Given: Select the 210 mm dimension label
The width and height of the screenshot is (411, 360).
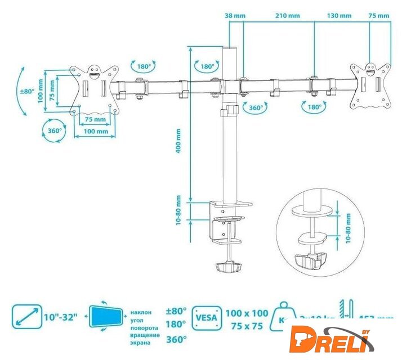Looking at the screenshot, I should [288, 16].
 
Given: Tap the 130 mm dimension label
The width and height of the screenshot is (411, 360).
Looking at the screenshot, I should [338, 16].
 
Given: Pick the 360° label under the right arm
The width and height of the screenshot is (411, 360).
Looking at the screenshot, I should [256, 107].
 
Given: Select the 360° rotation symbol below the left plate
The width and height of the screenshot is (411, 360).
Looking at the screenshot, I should [55, 130].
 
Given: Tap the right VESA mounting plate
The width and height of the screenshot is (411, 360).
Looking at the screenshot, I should [370, 86].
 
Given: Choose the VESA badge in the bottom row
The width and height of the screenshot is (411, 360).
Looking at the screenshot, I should [206, 318].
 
